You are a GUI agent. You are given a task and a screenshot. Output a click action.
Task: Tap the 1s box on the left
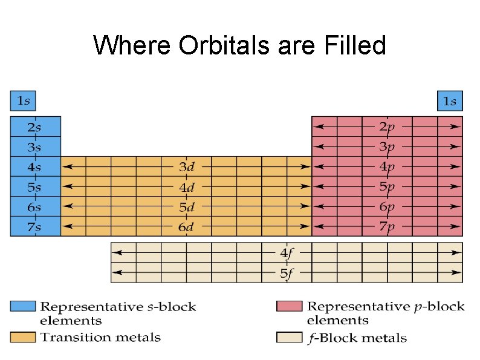[x=23, y=100]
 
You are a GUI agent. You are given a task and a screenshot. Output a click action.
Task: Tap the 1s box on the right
[x=449, y=101]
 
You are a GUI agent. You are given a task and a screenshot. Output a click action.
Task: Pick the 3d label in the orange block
[x=186, y=166]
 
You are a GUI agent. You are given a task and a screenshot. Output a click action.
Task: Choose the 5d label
[x=186, y=207]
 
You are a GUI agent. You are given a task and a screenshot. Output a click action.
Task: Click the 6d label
[x=186, y=227]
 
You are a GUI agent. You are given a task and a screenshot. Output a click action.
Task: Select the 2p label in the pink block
[x=387, y=126]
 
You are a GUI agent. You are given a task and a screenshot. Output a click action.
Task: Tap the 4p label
[x=387, y=166]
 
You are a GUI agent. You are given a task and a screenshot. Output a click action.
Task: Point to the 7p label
[x=387, y=227]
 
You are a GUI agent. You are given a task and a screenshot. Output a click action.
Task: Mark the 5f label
[x=287, y=273]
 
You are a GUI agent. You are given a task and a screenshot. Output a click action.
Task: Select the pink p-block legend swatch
[x=288, y=306]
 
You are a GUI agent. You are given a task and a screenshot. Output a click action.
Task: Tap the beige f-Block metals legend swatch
[x=288, y=336]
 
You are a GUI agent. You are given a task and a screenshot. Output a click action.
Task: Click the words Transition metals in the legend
[x=100, y=337]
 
